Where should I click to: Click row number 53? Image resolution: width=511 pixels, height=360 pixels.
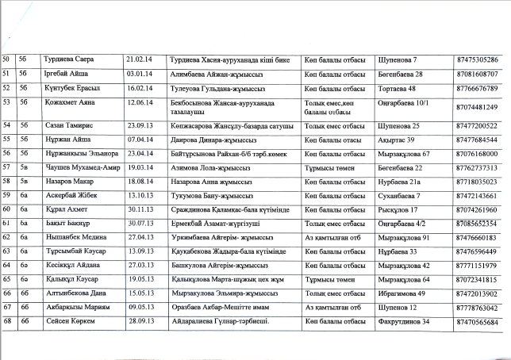(x=9, y=102)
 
